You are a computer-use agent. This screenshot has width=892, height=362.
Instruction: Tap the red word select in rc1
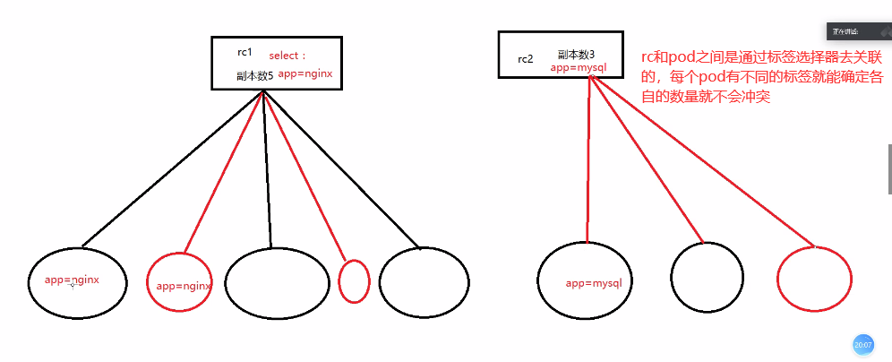point(287,56)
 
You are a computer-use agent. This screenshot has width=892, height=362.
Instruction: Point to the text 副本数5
point(254,75)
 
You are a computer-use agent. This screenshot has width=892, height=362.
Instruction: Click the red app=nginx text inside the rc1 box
point(305,73)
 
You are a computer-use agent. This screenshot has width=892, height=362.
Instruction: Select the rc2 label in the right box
point(525,59)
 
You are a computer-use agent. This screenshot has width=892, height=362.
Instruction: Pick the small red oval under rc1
point(355,281)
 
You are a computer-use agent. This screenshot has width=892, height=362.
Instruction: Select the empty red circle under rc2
point(813,280)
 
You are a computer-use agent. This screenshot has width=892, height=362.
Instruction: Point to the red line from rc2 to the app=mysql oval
point(588,161)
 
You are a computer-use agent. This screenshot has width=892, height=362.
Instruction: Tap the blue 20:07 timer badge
point(862,345)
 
